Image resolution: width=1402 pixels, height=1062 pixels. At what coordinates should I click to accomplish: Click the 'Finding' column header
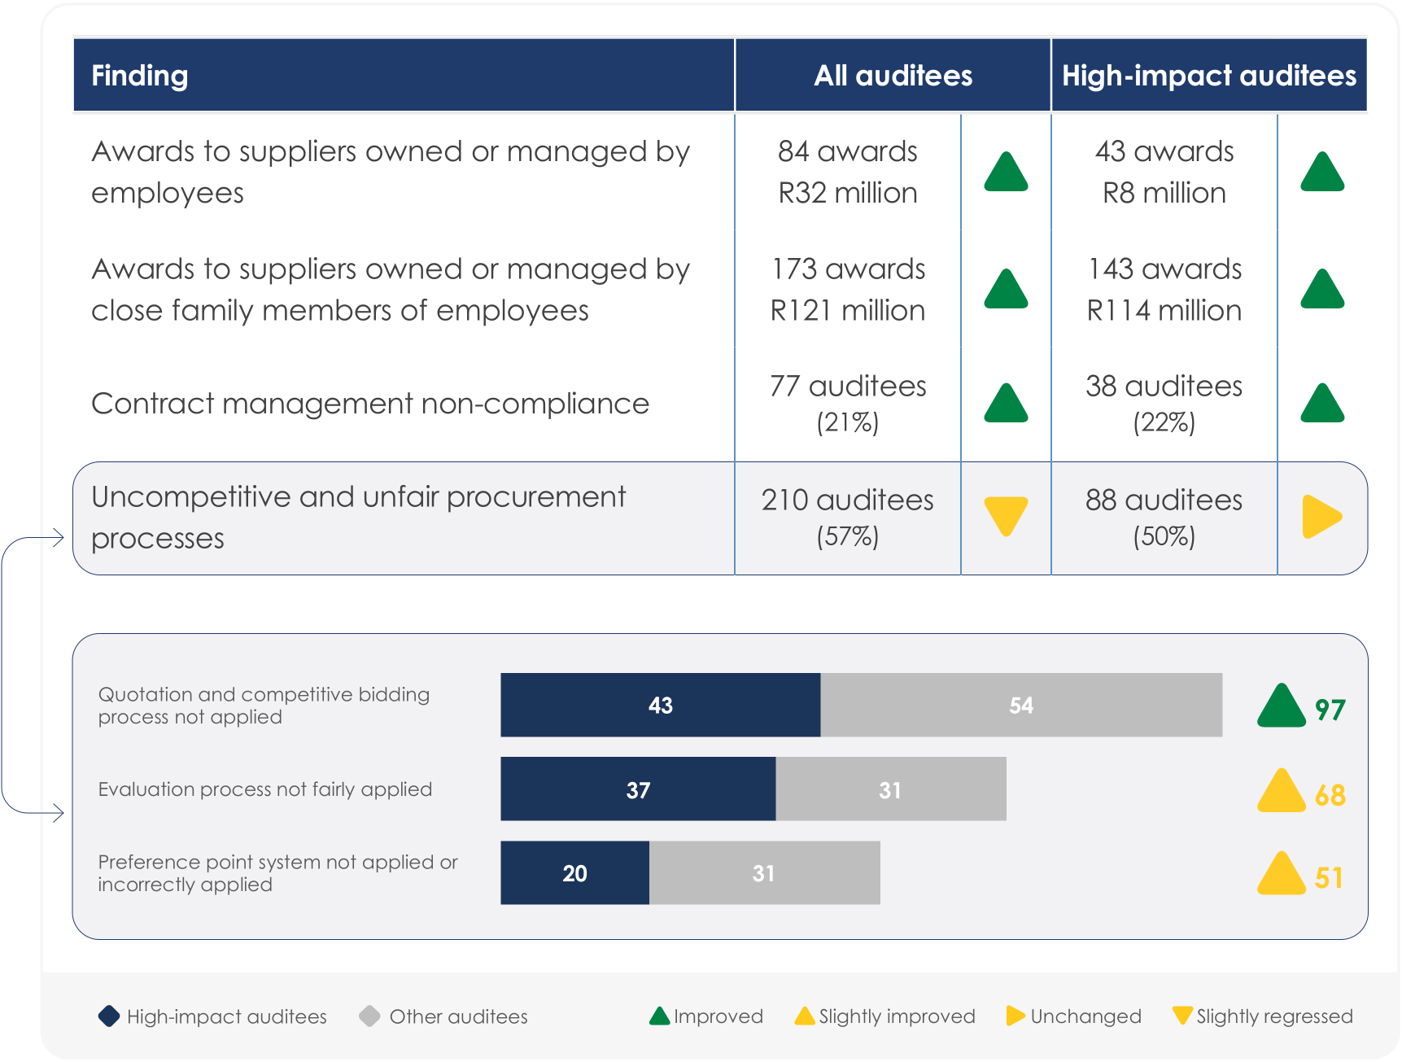pyautogui.click(x=140, y=76)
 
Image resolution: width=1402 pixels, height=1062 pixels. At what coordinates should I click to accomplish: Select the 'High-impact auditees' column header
pyautogui.click(x=1208, y=76)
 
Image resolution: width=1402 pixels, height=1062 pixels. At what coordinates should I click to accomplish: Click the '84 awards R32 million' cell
pyautogui.click(x=847, y=172)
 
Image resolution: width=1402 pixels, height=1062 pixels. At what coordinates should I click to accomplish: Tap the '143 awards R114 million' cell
pyautogui.click(x=1164, y=290)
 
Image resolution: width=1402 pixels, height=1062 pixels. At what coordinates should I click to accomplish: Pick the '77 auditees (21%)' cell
pyautogui.click(x=847, y=403)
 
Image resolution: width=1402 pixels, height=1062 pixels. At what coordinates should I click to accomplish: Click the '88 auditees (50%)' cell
pyautogui.click(x=1164, y=517)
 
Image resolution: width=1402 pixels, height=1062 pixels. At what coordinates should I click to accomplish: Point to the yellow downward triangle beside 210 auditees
pyautogui.click(x=1006, y=514)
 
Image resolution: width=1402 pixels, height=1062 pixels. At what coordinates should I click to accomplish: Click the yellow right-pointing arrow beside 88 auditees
pyautogui.click(x=1320, y=517)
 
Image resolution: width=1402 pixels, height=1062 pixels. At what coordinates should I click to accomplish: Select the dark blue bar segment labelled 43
pyautogui.click(x=660, y=705)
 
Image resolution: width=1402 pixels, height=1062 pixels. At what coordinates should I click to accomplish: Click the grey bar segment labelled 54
pyautogui.click(x=1020, y=705)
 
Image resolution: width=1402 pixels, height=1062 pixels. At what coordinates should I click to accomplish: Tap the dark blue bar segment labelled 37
pyautogui.click(x=638, y=789)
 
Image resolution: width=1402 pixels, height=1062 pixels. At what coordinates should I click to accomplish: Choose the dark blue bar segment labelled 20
pyautogui.click(x=574, y=873)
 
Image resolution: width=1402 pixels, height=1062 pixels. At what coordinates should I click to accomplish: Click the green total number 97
pyautogui.click(x=1330, y=710)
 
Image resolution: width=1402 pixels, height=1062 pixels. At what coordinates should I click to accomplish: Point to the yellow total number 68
pyautogui.click(x=1330, y=795)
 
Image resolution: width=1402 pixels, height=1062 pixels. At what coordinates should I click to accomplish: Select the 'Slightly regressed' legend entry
pyautogui.click(x=1264, y=1016)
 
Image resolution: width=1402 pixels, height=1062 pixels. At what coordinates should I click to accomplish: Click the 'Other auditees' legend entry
pyautogui.click(x=444, y=1016)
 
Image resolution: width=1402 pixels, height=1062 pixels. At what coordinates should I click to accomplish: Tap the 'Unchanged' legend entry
pyautogui.click(x=1074, y=1016)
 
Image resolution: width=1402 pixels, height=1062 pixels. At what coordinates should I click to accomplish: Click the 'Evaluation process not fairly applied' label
pyautogui.click(x=264, y=789)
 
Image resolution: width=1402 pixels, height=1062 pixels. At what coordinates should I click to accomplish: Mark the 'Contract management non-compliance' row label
pyautogui.click(x=370, y=404)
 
